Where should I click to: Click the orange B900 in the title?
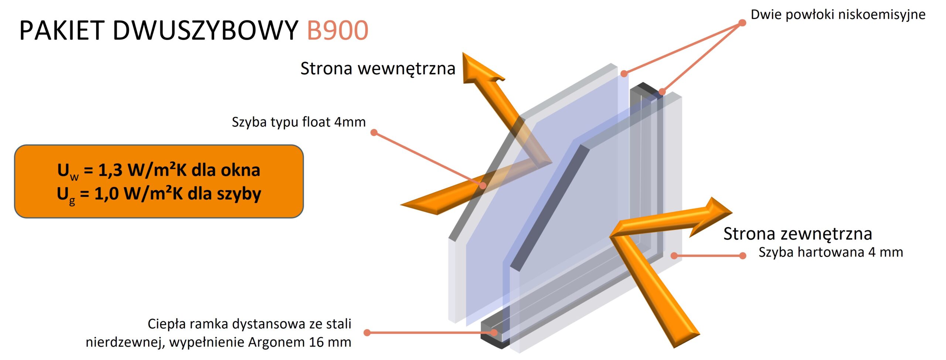[337, 30]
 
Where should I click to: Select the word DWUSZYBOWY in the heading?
[205, 30]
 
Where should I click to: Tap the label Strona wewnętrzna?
[378, 69]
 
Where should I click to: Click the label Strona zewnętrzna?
[797, 234]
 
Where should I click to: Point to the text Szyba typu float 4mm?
[299, 122]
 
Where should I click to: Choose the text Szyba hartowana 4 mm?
[831, 252]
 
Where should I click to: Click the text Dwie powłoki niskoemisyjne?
[838, 15]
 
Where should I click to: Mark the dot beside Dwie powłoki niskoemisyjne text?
[742, 23]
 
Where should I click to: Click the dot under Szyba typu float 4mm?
[374, 132]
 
